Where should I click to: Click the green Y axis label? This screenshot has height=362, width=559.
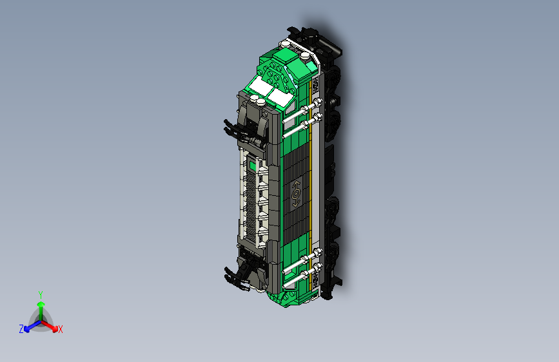pos(41,294)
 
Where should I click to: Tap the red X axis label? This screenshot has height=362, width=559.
pos(60,330)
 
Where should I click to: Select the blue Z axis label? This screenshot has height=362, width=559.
pos(21,329)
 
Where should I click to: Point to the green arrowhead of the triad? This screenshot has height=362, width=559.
pos(41,304)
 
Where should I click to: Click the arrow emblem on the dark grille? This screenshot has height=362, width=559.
pos(296,194)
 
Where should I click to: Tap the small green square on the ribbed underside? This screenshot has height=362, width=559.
pos(253,166)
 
